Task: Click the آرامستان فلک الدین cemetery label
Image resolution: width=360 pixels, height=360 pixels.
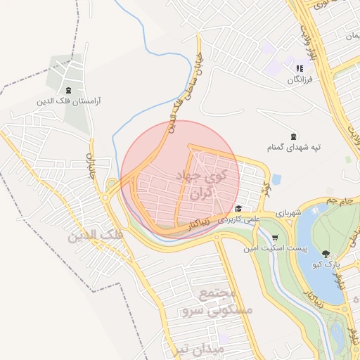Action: pyautogui.click(x=70, y=101)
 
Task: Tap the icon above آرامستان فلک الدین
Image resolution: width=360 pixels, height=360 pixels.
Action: pyautogui.click(x=69, y=90)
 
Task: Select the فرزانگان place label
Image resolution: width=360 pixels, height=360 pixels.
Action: pyautogui.click(x=298, y=80)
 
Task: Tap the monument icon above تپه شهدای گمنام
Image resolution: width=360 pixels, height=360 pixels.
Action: pyautogui.click(x=293, y=136)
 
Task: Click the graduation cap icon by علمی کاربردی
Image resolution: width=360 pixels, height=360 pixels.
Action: pyautogui.click(x=239, y=209)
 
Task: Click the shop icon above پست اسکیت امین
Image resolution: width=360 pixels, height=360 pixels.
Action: pyautogui.click(x=276, y=237)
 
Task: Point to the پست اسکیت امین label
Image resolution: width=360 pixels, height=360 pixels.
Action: pyautogui.click(x=271, y=248)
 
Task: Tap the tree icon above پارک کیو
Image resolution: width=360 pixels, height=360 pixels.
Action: pyautogui.click(x=326, y=253)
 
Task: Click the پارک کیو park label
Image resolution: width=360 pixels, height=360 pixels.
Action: pyautogui.click(x=326, y=264)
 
